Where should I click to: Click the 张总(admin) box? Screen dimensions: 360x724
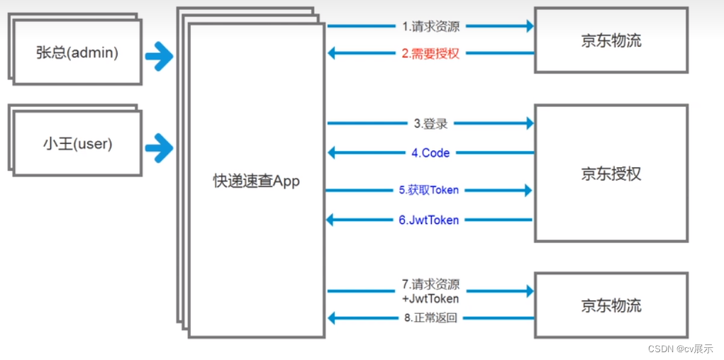point(77,52)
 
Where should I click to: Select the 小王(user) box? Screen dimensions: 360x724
point(77,144)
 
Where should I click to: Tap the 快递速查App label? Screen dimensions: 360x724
point(256,181)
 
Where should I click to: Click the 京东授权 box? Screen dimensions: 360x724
point(611,174)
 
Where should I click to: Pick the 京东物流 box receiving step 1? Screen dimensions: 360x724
point(611,40)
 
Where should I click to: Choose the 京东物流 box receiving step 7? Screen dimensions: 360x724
point(611,305)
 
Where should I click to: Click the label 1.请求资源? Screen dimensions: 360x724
point(430,27)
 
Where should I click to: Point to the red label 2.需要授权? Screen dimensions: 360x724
point(430,53)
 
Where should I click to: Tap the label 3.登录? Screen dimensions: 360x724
point(430,124)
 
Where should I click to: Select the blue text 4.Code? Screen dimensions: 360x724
point(430,152)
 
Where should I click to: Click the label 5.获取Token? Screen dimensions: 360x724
point(428,190)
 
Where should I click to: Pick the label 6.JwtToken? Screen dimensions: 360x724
point(428,220)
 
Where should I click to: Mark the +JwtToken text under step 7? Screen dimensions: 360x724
point(430,298)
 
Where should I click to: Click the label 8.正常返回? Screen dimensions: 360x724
point(430,317)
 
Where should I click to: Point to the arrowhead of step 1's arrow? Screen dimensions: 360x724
point(528,26)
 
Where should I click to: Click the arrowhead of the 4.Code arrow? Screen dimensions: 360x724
point(333,152)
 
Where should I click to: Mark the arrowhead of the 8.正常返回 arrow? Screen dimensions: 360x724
point(333,317)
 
